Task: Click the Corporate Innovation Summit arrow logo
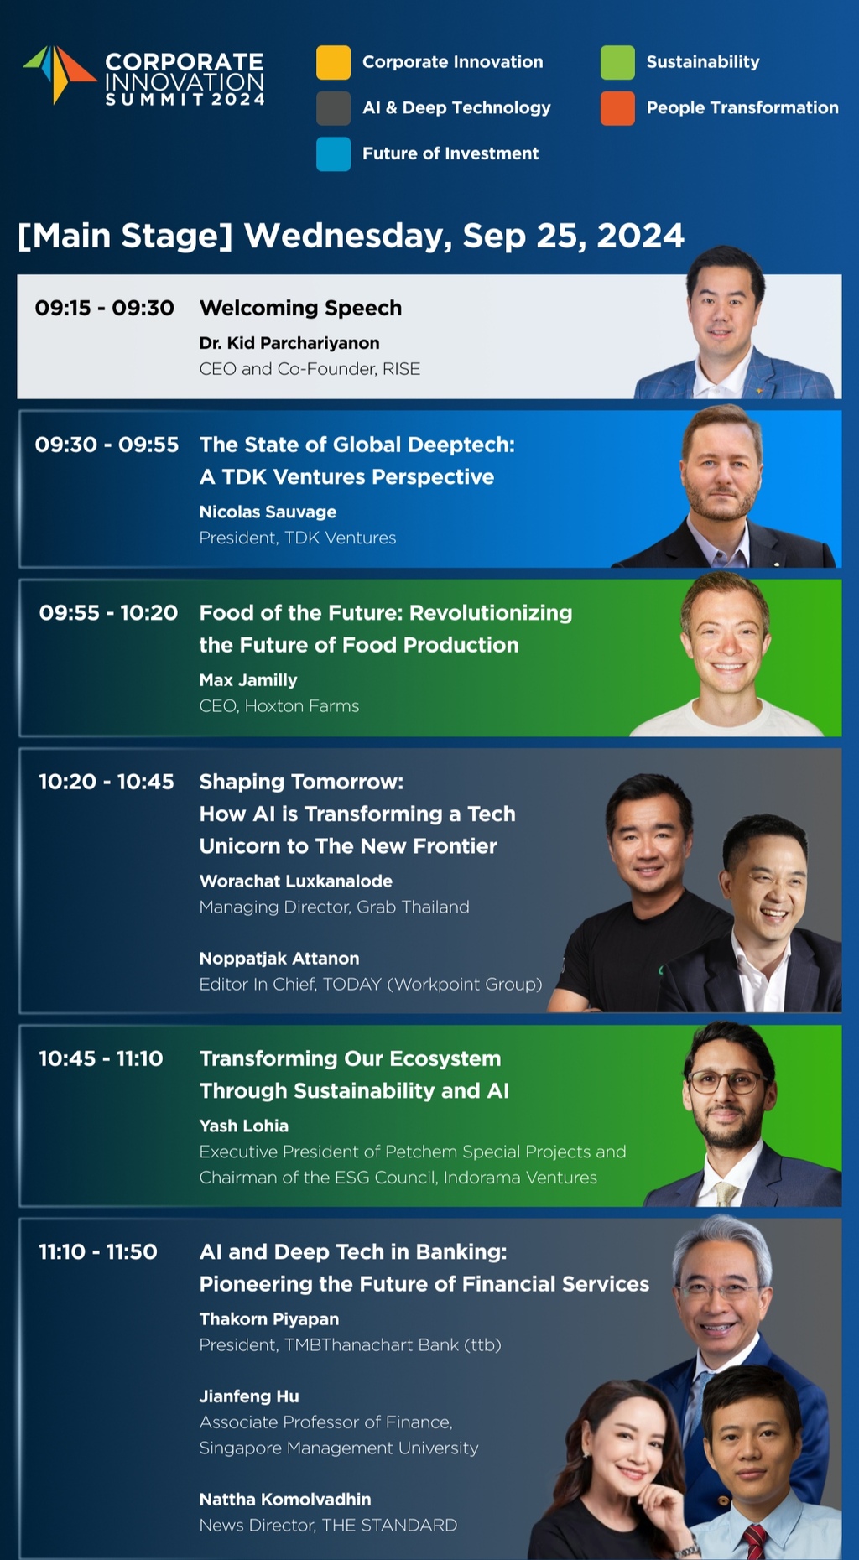click(59, 74)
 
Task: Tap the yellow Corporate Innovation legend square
click(333, 62)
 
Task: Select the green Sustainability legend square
click(617, 62)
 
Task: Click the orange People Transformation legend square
click(617, 108)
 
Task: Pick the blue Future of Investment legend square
click(333, 154)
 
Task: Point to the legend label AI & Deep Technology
click(456, 107)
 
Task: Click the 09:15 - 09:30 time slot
click(105, 308)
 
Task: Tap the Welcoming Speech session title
click(300, 308)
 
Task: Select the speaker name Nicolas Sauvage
click(268, 512)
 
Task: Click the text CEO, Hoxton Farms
click(279, 706)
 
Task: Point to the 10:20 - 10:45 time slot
click(107, 782)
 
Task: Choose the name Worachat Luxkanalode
click(296, 881)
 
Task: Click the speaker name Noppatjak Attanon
click(279, 959)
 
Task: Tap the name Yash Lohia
click(244, 1126)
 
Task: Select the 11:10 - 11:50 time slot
click(98, 1251)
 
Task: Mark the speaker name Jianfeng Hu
click(249, 1396)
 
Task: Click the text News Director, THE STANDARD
click(328, 1526)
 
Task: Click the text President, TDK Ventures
click(298, 538)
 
